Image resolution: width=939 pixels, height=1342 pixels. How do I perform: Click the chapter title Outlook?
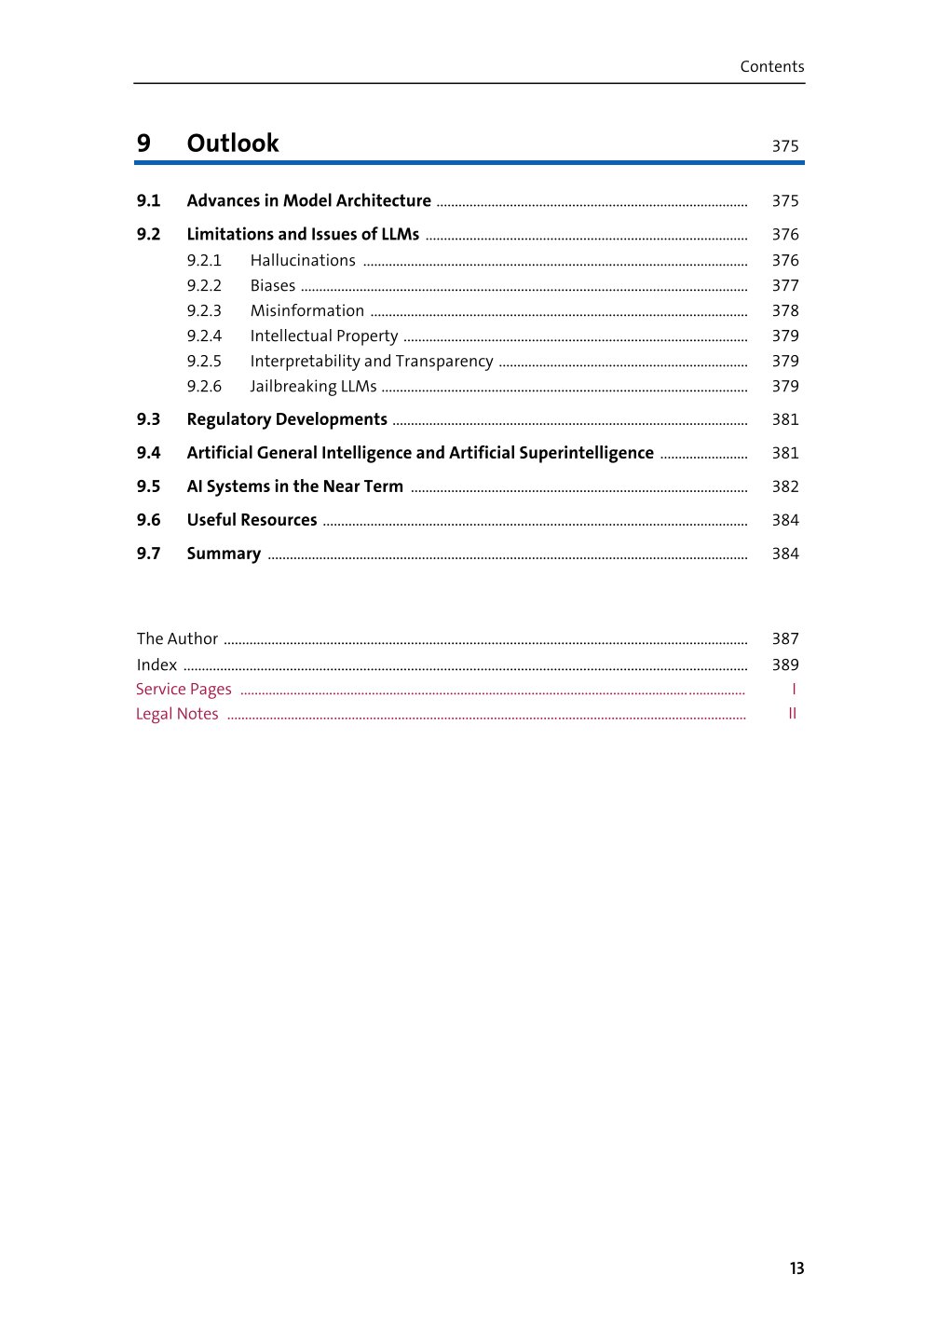pos(232,144)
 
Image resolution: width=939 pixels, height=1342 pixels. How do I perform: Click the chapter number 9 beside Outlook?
pos(143,144)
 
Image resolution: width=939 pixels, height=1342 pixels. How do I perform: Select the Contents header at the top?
pos(771,67)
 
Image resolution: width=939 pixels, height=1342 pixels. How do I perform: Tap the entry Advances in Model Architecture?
pos(308,201)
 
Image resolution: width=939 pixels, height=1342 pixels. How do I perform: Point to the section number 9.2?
pos(148,235)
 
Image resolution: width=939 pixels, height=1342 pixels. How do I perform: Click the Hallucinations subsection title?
pos(303,261)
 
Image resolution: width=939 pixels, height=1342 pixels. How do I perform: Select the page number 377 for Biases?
pos(784,286)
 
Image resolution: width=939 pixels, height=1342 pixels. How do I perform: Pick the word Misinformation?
pos(306,311)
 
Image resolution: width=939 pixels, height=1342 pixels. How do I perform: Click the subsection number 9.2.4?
pos(204,336)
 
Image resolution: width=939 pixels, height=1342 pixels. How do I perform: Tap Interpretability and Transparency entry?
pos(371,362)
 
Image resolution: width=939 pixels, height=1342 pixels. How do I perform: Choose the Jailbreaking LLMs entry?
pos(313,387)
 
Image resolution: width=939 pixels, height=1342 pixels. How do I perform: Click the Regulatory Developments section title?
pos(287,420)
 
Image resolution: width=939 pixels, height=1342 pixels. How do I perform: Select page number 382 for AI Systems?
pos(784,487)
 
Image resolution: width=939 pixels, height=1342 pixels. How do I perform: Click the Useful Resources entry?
pos(252,521)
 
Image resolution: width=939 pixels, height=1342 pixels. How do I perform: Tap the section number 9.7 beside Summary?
pos(148,555)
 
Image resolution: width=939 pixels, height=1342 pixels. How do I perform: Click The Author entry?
pos(177,639)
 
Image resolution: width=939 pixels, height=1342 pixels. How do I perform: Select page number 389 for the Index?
pos(784,665)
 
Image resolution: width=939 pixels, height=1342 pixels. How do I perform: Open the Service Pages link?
pos(184,690)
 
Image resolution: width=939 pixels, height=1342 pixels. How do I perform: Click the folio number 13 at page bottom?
pos(796,1268)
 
